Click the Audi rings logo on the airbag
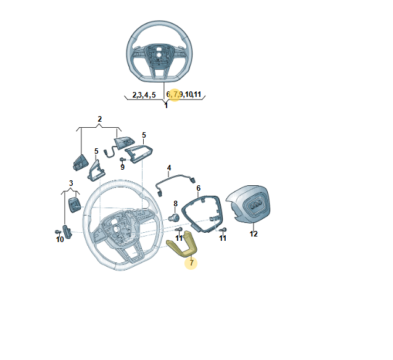point(256,206)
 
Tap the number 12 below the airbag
point(254,234)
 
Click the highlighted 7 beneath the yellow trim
point(191,263)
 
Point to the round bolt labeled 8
point(174,217)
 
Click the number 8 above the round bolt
point(175,204)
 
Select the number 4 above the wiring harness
point(169,168)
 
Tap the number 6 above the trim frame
point(199,188)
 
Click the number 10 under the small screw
point(60,240)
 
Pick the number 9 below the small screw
point(122,167)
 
